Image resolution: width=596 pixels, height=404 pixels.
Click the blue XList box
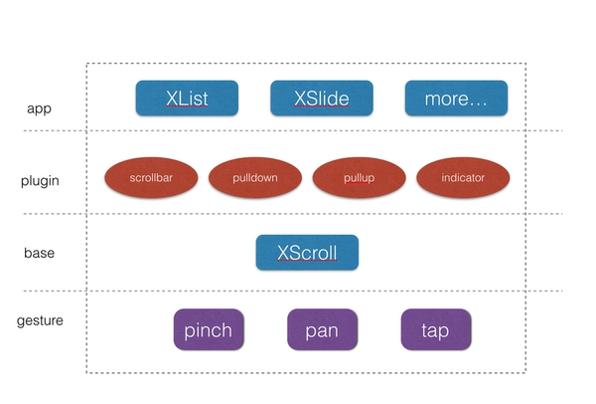(x=187, y=99)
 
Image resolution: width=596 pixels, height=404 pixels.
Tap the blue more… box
(x=456, y=99)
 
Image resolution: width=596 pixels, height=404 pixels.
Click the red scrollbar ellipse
(x=152, y=178)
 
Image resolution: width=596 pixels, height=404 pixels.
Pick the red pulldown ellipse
(x=255, y=178)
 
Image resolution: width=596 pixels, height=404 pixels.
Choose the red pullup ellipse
(x=360, y=178)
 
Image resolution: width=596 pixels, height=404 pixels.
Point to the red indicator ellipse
(x=463, y=178)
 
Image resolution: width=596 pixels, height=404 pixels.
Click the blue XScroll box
(x=307, y=253)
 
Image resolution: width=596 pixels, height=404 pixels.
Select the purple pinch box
(x=209, y=329)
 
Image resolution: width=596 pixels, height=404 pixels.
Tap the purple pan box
(x=322, y=329)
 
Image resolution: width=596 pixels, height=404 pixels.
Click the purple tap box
(x=435, y=329)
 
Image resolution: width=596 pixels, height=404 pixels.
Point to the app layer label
(x=39, y=108)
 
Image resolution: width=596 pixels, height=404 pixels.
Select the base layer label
(x=40, y=253)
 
